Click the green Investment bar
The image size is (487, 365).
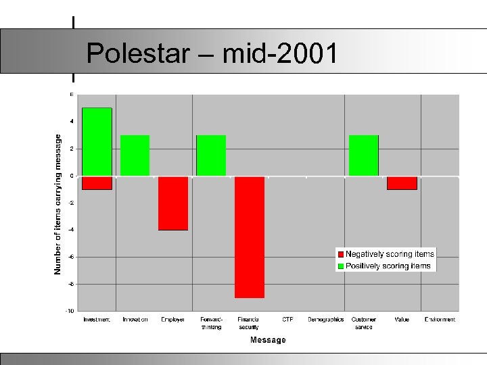97,141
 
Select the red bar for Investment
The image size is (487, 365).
97,183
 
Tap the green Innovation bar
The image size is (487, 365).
135,155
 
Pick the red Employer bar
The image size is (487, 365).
173,203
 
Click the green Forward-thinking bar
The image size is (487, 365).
211,155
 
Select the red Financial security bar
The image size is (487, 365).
250,237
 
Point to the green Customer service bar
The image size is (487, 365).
364,155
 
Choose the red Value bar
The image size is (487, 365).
402,183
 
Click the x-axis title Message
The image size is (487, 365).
268,340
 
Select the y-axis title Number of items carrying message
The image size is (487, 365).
58,203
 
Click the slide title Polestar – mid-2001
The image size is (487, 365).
212,53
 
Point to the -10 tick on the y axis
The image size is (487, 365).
70,311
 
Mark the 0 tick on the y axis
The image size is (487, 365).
72,176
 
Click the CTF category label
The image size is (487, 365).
287,320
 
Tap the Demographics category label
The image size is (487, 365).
325,320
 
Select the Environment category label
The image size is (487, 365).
440,320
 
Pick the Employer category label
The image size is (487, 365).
173,320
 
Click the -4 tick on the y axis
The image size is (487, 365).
70,230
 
